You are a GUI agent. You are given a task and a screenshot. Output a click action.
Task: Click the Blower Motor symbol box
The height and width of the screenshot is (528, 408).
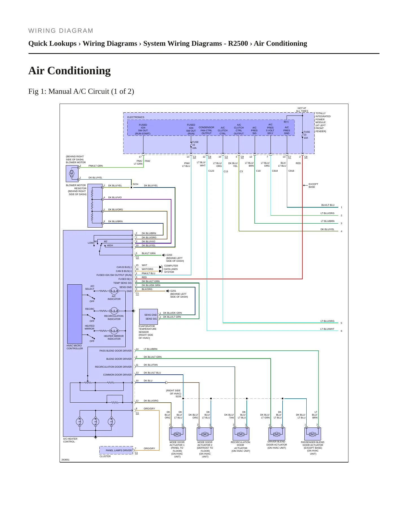[72, 174]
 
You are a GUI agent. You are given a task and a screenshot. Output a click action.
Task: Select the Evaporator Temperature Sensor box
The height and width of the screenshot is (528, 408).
[149, 317]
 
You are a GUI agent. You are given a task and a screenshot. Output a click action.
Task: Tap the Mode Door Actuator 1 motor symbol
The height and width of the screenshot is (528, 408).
[177, 434]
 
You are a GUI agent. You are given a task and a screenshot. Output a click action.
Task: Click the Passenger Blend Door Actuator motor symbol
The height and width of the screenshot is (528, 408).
[313, 434]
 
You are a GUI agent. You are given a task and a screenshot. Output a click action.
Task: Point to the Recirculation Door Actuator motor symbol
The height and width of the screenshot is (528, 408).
[241, 434]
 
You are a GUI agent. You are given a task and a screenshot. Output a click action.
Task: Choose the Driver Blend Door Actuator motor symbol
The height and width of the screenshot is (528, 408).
[277, 434]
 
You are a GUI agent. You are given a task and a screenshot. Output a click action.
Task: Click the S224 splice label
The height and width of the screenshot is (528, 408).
[136, 184]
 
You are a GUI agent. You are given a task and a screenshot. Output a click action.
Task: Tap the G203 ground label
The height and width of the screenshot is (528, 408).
[169, 255]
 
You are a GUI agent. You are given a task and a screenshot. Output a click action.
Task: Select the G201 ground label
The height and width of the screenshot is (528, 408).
[173, 291]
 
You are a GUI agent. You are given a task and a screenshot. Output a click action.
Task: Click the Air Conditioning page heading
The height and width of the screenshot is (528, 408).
[69, 71]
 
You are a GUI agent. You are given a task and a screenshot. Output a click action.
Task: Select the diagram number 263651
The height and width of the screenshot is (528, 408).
[65, 460]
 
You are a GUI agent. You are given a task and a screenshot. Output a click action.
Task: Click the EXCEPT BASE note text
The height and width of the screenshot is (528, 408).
[313, 186]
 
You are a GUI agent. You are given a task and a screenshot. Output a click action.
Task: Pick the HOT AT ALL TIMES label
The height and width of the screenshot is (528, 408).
[302, 110]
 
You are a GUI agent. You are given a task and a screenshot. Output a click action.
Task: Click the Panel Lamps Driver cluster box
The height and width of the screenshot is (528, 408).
[116, 450]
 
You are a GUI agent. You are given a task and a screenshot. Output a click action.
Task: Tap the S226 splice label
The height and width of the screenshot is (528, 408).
[178, 396]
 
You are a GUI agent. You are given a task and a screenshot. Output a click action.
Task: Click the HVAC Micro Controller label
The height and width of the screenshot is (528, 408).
[75, 347]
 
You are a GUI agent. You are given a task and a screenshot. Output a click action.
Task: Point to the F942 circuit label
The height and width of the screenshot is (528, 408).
[147, 161]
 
